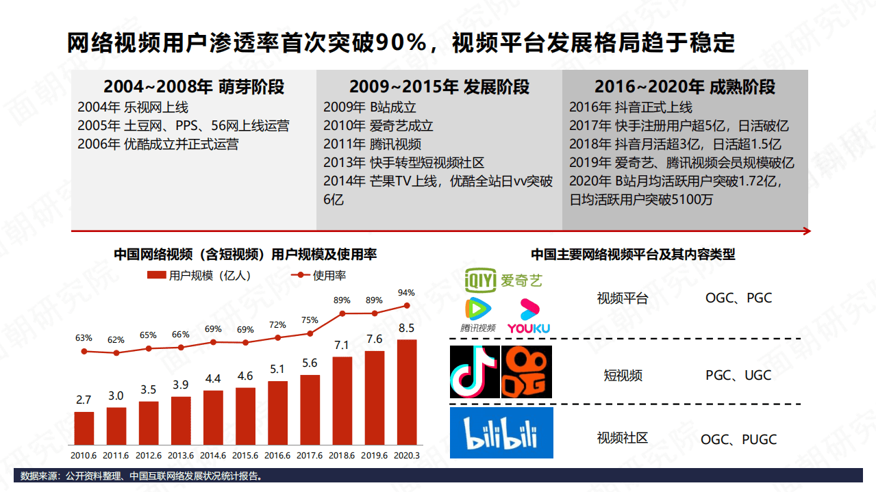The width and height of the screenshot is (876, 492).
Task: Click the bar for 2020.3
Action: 407,391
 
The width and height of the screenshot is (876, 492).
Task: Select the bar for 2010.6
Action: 84,428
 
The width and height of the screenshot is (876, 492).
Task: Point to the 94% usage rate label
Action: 407,293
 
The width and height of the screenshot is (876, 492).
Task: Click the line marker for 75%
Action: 310,333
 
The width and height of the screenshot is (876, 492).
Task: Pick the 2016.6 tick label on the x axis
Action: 277,455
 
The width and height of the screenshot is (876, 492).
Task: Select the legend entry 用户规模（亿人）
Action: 199,275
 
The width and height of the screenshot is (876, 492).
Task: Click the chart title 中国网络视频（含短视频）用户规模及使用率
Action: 245,255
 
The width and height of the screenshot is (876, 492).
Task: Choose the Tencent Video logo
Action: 477,315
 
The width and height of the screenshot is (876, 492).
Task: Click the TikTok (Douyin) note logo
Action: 474,372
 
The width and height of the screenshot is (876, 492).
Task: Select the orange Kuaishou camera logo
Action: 526,372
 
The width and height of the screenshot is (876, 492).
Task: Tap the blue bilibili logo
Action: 501,432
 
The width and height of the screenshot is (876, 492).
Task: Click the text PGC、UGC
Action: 738,375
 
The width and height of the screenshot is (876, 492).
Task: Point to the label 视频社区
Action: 622,438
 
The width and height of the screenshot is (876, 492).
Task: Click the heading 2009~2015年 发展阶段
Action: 439,87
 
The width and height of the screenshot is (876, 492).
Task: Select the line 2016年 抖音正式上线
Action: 630,107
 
